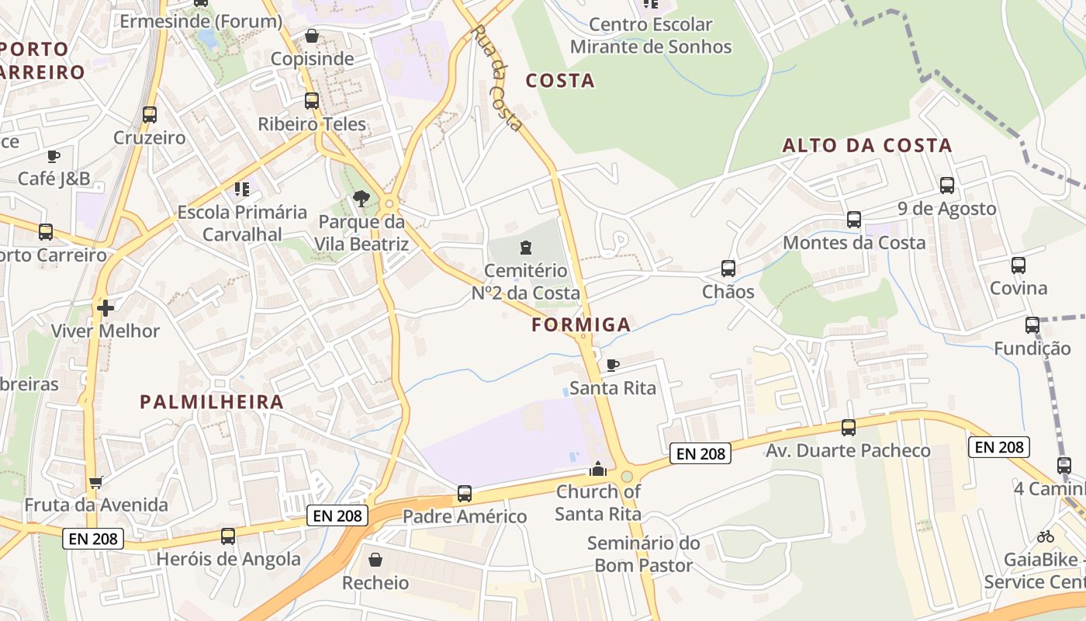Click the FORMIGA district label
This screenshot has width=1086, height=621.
pyautogui.click(x=581, y=325)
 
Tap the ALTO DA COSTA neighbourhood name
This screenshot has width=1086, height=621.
pyautogui.click(x=866, y=146)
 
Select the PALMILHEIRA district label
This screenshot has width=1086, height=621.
pyautogui.click(x=212, y=402)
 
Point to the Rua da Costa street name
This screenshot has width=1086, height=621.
pyautogui.click(x=496, y=78)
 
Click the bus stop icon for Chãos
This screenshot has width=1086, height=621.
pyautogui.click(x=728, y=269)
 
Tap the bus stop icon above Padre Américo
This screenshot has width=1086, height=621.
pyautogui.click(x=464, y=493)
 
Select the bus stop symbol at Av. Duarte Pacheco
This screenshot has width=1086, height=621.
pyautogui.click(x=849, y=428)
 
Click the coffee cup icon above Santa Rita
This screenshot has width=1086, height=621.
pyautogui.click(x=613, y=365)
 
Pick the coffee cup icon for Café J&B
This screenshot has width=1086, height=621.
pyautogui.click(x=54, y=156)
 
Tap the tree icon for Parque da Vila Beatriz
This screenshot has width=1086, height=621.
pyautogui.click(x=361, y=199)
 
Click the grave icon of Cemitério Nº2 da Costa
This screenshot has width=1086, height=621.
pyautogui.click(x=526, y=248)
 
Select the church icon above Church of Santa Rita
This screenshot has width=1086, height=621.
pyautogui.click(x=597, y=469)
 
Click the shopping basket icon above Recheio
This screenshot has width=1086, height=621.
pyautogui.click(x=375, y=560)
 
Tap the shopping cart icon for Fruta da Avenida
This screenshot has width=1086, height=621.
pyautogui.click(x=96, y=483)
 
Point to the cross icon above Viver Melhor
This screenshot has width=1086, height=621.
pyautogui.click(x=105, y=308)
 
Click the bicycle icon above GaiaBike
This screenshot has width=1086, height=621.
pyautogui.click(x=1046, y=536)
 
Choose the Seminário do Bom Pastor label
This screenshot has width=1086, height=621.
pyautogui.click(x=643, y=554)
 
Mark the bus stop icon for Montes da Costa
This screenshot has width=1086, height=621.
pyautogui.click(x=854, y=220)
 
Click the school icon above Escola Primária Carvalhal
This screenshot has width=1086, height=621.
pyautogui.click(x=242, y=189)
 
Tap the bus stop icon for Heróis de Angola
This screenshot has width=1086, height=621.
pyautogui.click(x=228, y=536)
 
